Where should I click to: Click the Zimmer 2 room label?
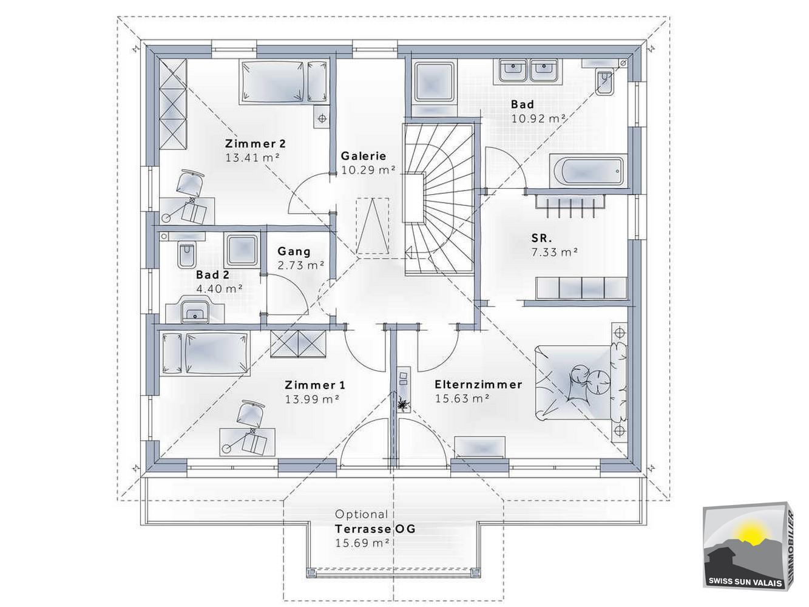[255, 143]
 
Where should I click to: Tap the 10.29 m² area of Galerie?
[368, 170]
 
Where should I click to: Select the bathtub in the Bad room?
[588, 171]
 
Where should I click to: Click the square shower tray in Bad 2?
[242, 250]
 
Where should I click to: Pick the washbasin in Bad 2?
[195, 311]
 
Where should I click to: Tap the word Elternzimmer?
[478, 384]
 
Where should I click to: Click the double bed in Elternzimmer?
[581, 382]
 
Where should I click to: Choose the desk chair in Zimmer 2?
[190, 183]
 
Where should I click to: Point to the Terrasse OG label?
[375, 529]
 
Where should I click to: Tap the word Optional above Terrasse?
[361, 514]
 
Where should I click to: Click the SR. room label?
[541, 238]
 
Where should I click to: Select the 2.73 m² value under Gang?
[301, 265]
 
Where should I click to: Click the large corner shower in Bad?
[433, 86]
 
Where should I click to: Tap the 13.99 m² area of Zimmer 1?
[312, 399]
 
